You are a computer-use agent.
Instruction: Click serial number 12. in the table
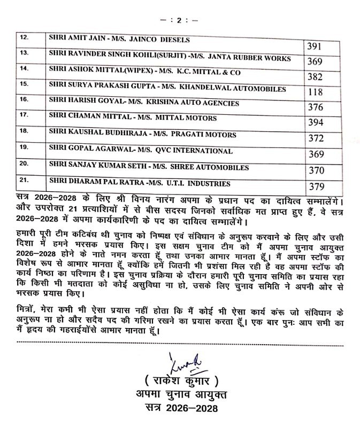[23, 38]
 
